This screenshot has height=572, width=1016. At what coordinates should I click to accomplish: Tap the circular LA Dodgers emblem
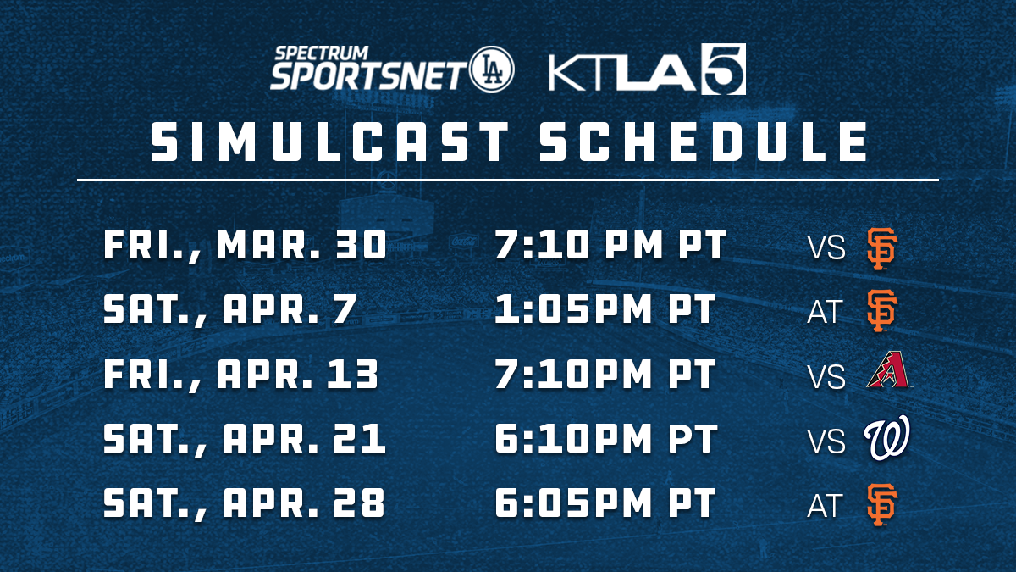pyautogui.click(x=492, y=69)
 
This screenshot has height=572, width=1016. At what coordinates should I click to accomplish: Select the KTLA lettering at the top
pyautogui.click(x=622, y=73)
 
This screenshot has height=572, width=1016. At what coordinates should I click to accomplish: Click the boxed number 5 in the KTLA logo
pyautogui.click(x=723, y=69)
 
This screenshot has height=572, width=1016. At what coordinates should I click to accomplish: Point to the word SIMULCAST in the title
pyautogui.click(x=329, y=142)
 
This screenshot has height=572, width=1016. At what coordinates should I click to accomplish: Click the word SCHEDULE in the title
pyautogui.click(x=703, y=142)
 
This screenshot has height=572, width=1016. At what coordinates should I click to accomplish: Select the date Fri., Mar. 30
pyautogui.click(x=246, y=245)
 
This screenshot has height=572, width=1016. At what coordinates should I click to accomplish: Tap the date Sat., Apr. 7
pyautogui.click(x=230, y=309)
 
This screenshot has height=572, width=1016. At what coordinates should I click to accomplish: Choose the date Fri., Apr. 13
pyautogui.click(x=241, y=374)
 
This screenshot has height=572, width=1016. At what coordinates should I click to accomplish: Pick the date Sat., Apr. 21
pyautogui.click(x=245, y=439)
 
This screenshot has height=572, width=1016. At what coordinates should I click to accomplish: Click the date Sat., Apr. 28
pyautogui.click(x=245, y=503)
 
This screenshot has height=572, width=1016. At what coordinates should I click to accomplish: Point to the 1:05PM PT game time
pyautogui.click(x=605, y=308)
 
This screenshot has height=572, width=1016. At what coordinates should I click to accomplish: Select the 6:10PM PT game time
pyautogui.click(x=606, y=438)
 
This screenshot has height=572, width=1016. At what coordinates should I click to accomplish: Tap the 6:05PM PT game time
pyautogui.click(x=605, y=503)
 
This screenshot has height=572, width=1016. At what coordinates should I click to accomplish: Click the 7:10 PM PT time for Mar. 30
pyautogui.click(x=611, y=244)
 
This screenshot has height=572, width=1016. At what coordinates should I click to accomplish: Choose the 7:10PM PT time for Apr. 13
pyautogui.click(x=605, y=374)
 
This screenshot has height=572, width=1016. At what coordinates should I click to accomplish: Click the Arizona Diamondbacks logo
pyautogui.click(x=888, y=369)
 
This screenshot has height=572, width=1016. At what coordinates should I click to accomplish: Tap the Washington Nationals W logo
pyautogui.click(x=886, y=437)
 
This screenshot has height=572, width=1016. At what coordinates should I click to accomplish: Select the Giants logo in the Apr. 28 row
pyautogui.click(x=881, y=505)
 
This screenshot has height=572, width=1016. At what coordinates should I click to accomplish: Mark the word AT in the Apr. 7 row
pyautogui.click(x=825, y=312)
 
